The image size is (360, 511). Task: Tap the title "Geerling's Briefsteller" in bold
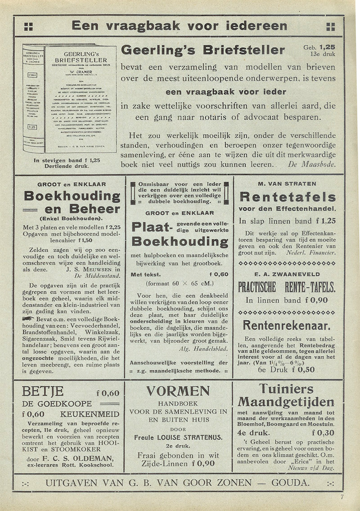tap(203, 50)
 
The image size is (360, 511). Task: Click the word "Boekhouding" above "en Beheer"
tap(72, 197)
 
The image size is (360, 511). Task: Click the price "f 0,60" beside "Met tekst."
tap(219, 274)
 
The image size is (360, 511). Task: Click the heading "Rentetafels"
tap(288, 197)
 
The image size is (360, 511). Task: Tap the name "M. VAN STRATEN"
tap(287, 184)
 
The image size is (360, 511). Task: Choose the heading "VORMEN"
tap(178, 391)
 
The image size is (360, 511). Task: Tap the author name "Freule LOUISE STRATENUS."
tap(179, 437)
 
